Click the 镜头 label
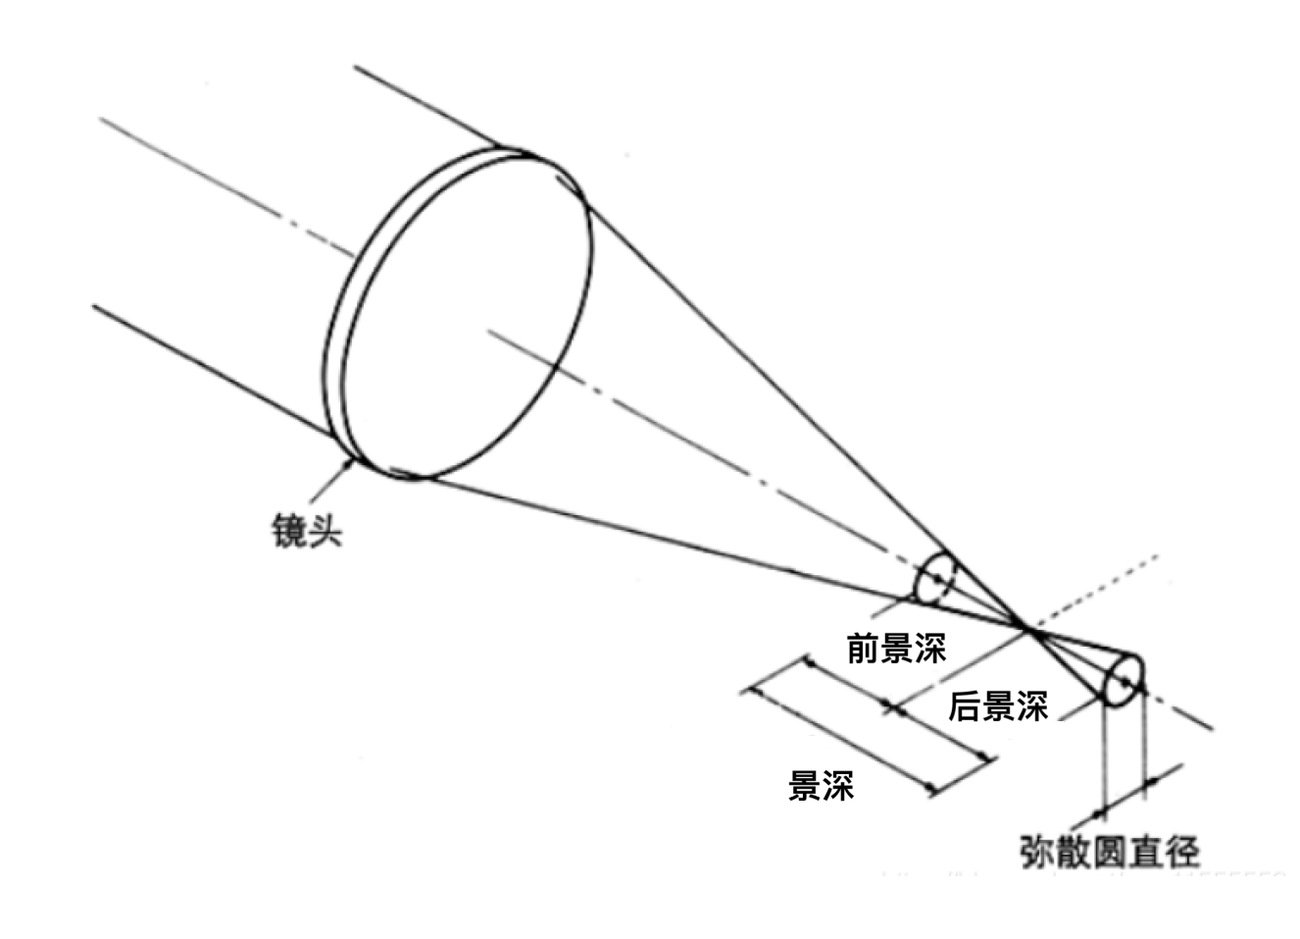306,531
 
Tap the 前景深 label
896,649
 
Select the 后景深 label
997,706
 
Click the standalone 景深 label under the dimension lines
822,786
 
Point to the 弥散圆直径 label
1110,851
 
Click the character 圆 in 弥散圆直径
1110,851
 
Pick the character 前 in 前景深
863,649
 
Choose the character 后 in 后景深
965,706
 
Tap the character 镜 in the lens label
288,531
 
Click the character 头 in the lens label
325,531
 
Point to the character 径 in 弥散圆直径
1182,851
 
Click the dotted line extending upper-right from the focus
1098,589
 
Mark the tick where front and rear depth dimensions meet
892,706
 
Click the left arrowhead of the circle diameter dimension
1099,809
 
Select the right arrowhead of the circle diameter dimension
1151,782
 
